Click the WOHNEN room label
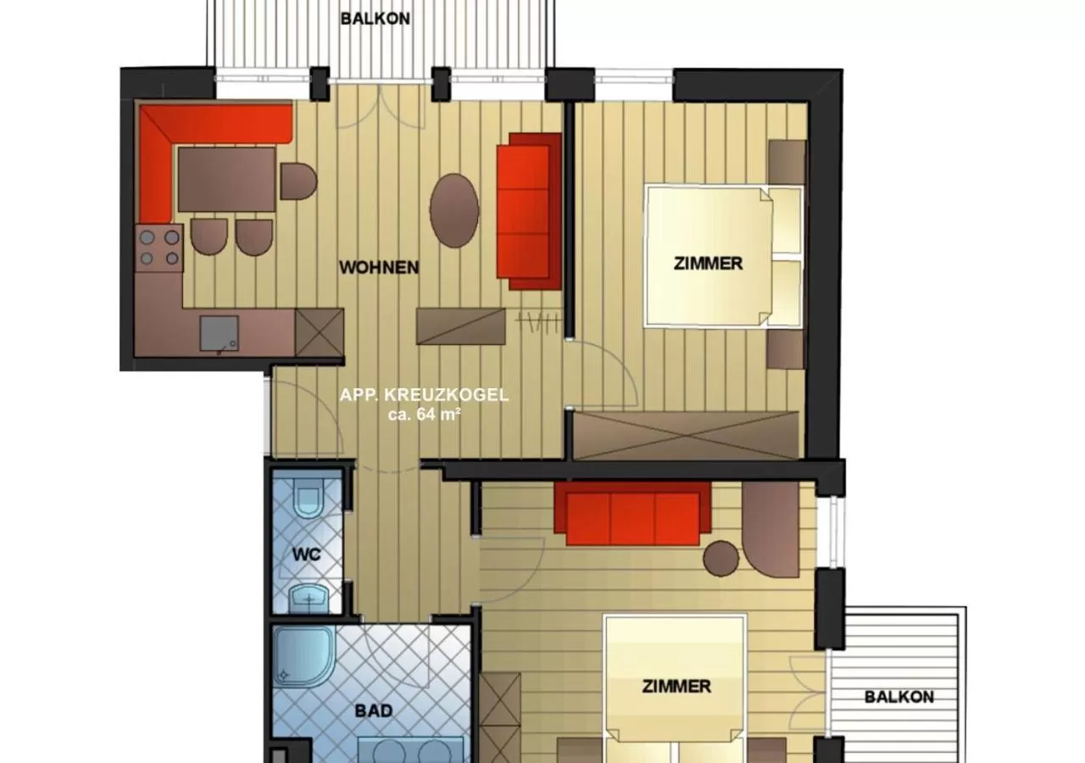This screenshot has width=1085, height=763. tap(379, 268)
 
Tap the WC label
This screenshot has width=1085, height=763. tap(306, 554)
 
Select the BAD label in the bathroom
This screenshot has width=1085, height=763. tap(373, 710)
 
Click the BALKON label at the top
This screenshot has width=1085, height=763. tap(376, 18)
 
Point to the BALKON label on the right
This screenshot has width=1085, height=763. tap(899, 697)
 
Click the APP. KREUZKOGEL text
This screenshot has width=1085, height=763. tap(424, 395)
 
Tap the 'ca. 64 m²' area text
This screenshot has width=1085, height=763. tap(424, 415)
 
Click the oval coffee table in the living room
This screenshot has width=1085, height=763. tap(453, 210)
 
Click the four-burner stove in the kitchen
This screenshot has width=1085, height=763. tap(159, 248)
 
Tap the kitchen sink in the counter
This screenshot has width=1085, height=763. tap(219, 332)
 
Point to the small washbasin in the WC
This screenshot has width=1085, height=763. tap(307, 599)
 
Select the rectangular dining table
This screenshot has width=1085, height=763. tap(226, 179)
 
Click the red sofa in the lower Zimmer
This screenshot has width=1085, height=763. tap(632, 514)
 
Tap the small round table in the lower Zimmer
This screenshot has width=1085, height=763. tap(721, 558)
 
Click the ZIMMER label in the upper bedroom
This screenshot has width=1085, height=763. tap(708, 264)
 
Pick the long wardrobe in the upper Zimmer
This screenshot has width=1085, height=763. tap(686, 436)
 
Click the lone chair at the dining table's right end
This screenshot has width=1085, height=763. tap(298, 181)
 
